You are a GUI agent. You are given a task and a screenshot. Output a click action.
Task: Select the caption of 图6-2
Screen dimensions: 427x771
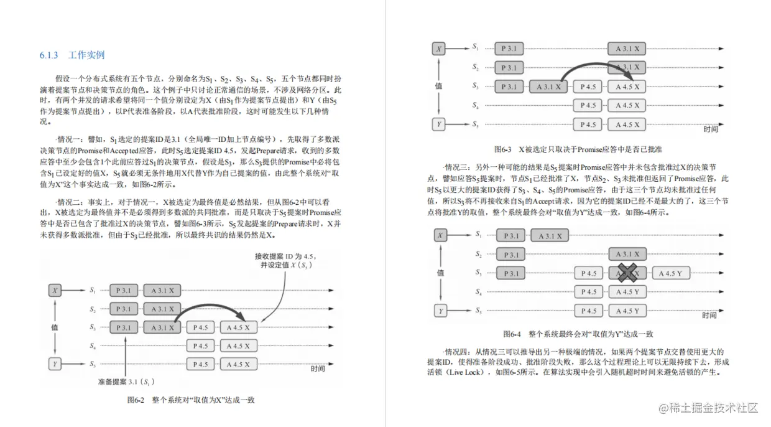point(191,400)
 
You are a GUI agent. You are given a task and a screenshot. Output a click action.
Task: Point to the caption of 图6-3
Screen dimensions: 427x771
point(578,149)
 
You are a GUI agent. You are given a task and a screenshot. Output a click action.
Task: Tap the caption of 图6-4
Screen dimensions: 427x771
point(578,334)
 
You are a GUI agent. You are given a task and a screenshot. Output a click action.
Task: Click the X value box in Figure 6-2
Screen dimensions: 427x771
point(56,290)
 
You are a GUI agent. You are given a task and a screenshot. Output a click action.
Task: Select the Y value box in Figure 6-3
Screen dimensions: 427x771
point(439,124)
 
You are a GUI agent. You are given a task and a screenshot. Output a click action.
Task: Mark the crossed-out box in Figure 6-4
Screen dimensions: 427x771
point(628,273)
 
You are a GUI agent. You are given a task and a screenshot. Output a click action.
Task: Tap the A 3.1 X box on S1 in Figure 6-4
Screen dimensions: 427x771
point(550,235)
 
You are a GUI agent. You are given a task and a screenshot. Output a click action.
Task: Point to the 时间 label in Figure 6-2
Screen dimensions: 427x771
point(318,369)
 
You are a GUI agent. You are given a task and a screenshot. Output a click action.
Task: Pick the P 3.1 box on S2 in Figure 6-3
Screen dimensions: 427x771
point(509,67)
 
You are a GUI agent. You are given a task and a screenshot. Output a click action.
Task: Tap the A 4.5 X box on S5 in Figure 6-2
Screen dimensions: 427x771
point(238,364)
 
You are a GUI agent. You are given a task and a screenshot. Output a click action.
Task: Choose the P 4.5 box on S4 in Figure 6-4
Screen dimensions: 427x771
point(588,292)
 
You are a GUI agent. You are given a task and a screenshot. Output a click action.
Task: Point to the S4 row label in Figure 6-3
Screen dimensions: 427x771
point(475,106)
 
